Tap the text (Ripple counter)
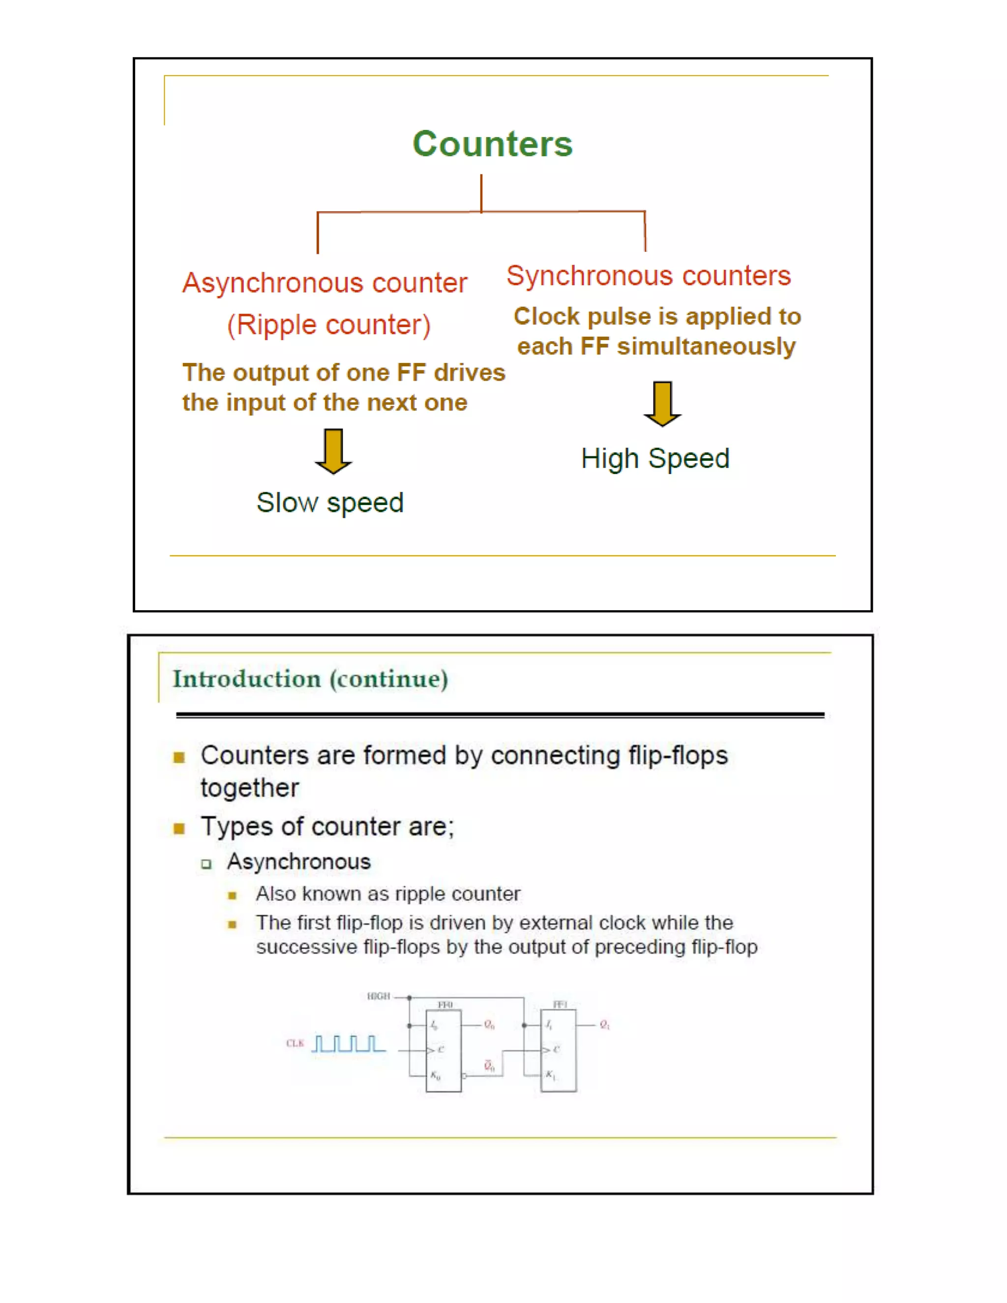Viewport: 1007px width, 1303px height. point(329,325)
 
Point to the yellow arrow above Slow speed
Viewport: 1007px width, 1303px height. point(333,451)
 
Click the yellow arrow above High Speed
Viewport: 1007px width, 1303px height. point(662,404)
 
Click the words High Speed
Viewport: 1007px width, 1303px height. point(655,458)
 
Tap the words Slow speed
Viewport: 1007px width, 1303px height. point(330,503)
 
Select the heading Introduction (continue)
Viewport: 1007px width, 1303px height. point(310,679)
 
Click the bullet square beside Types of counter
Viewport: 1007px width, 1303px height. point(179,828)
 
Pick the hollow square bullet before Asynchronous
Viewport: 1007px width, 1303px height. point(207,863)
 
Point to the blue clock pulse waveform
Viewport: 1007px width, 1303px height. point(349,1043)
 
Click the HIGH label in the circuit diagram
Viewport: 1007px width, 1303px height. point(378,996)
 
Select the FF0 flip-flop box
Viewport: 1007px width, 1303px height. point(443,1051)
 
